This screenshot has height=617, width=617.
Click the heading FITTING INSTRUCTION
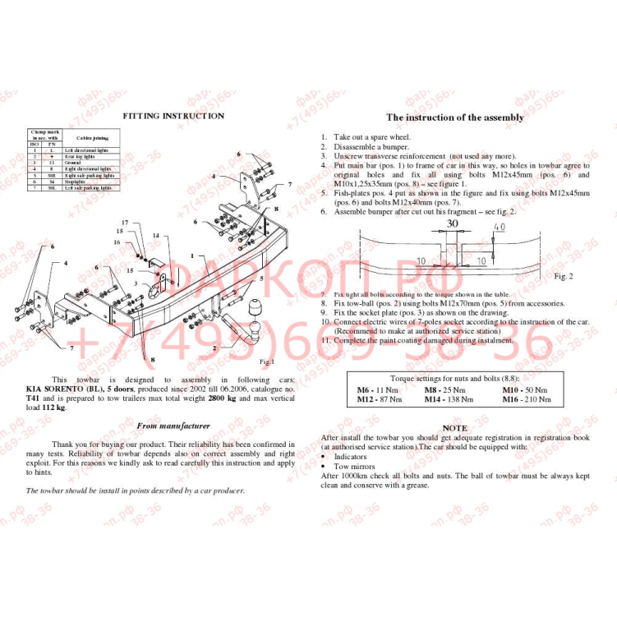(173, 116)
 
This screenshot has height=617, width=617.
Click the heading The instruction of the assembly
(454, 117)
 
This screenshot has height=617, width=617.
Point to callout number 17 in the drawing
(125, 223)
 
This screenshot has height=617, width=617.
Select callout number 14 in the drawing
(155, 236)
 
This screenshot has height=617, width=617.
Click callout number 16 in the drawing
(117, 242)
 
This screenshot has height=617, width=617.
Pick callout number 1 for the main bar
(191, 256)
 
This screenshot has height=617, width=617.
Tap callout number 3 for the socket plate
(136, 283)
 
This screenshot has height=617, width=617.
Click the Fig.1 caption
(266, 361)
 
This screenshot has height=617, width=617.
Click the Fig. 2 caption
(564, 275)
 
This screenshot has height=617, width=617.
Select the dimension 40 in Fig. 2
(500, 227)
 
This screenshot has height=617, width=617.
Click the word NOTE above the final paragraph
(454, 428)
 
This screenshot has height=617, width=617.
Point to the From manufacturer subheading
(173, 426)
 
